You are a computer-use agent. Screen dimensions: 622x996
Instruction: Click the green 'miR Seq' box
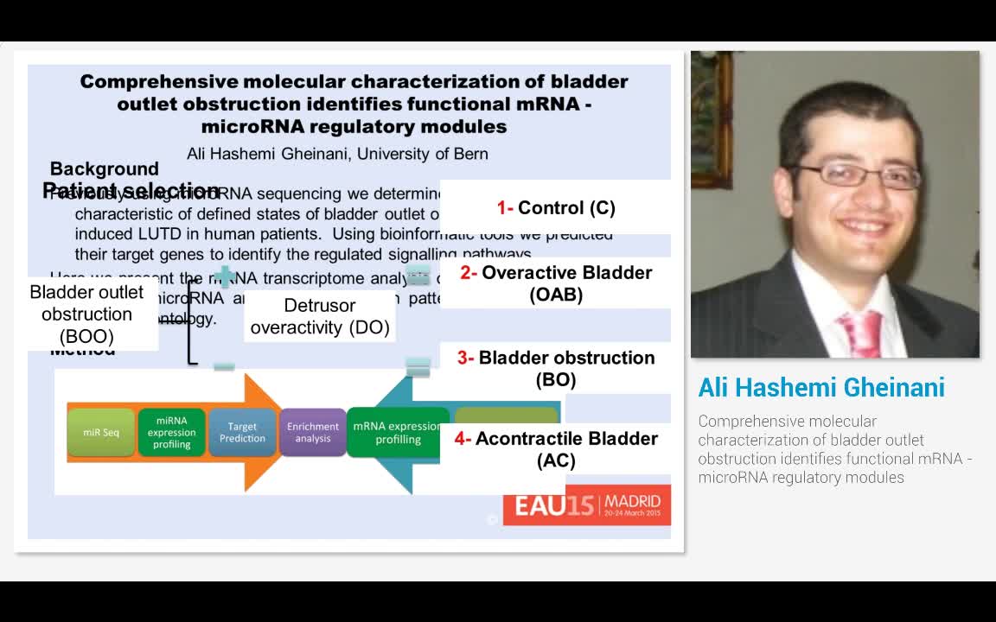[101, 432]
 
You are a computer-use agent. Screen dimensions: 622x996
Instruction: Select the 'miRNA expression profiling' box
[171, 432]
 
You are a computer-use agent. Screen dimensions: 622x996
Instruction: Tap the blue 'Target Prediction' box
[242, 432]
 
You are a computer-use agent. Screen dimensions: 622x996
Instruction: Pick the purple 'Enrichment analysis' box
[313, 432]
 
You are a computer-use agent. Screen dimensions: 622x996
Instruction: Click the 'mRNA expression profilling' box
[398, 432]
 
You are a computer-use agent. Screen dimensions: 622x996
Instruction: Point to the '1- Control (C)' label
[556, 208]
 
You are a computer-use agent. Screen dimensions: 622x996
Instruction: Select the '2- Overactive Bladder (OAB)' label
[556, 283]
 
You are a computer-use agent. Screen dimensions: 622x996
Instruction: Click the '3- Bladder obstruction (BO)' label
[556, 369]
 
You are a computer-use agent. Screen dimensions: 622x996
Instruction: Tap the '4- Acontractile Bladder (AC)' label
[556, 449]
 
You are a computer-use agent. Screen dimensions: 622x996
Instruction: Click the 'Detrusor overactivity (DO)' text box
[320, 316]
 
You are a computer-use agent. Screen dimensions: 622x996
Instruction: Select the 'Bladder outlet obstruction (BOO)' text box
[86, 314]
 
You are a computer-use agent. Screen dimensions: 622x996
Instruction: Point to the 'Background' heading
[105, 168]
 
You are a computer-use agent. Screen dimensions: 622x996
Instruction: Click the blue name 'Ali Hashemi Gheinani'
[821, 388]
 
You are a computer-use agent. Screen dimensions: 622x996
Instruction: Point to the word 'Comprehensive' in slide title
[158, 82]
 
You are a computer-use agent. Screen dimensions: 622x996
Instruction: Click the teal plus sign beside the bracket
[224, 276]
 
